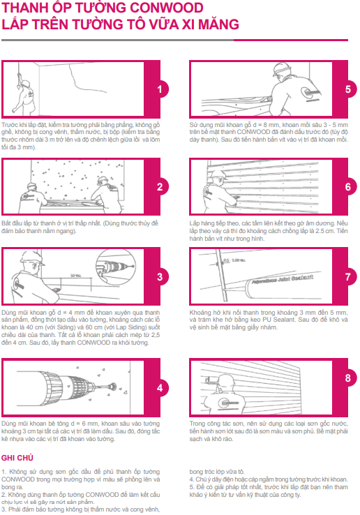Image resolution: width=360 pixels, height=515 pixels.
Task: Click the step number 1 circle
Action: pos(160,89)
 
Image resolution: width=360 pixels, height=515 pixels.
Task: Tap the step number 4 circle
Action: pos(160,388)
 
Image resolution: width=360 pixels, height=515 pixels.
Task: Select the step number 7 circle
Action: pos(348,277)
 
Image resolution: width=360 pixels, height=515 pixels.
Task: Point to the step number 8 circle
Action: pos(348,378)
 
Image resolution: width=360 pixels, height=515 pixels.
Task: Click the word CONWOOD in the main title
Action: pos(167,8)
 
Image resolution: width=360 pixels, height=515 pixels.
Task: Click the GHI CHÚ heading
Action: pos(17,458)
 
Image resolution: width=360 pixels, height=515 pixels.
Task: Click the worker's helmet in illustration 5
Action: pos(282,70)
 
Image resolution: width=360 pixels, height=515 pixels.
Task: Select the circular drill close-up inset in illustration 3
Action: pos(115,266)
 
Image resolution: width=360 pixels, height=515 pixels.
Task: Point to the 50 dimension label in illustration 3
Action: pos(75,275)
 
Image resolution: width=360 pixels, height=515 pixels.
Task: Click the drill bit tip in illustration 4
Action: pos(112,385)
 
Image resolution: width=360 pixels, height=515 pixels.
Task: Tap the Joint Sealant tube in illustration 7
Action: pos(279,282)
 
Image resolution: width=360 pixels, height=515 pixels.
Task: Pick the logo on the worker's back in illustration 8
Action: pos(230,403)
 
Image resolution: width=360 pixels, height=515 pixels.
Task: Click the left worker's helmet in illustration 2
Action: pos(31,186)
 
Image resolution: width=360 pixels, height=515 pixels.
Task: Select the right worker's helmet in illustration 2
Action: pos(103,180)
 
